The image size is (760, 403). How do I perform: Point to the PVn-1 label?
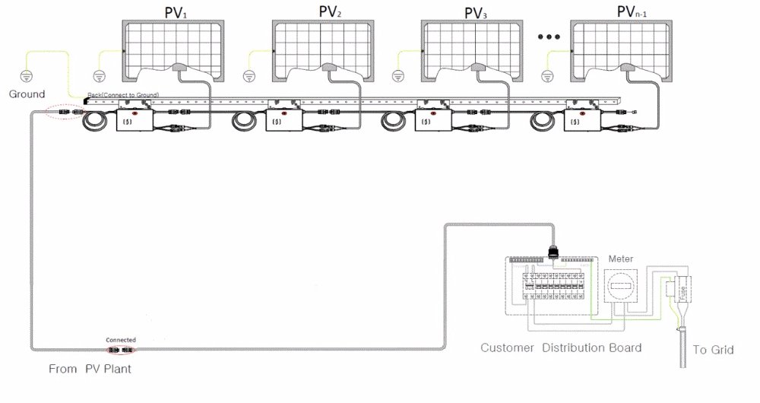tap(637, 12)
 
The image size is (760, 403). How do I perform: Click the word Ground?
tap(27, 94)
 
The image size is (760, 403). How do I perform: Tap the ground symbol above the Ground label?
tap(27, 76)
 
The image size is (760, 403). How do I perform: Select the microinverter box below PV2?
tap(285, 119)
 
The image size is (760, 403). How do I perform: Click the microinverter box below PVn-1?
tap(583, 119)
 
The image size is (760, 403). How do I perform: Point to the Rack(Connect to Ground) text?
tap(122, 94)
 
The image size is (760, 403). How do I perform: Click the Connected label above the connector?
tap(121, 340)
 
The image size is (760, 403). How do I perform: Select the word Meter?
tap(620, 259)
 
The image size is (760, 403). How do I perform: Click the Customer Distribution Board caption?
tap(561, 348)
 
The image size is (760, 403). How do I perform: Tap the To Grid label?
tap(713, 351)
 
